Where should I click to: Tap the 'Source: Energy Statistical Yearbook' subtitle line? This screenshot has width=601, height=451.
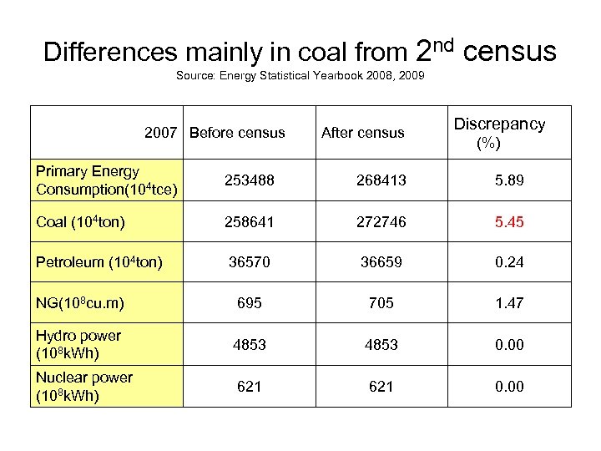[300, 76]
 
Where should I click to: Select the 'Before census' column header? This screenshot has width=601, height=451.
[237, 132]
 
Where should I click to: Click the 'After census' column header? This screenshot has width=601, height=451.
[362, 132]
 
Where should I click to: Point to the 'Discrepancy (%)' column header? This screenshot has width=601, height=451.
[499, 133]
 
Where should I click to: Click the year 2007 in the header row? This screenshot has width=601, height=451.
[161, 132]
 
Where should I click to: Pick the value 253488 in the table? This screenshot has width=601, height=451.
[249, 180]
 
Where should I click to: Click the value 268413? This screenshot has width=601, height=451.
[381, 180]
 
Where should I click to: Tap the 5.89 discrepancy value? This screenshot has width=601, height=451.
[508, 180]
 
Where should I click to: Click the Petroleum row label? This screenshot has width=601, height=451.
[99, 262]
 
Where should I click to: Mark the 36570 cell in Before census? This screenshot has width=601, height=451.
[249, 262]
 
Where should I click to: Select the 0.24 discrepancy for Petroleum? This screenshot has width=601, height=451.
[508, 262]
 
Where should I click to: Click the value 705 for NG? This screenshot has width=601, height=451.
[381, 302]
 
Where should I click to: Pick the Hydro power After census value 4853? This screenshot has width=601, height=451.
[381, 344]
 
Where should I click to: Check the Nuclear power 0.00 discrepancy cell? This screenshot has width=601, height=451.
[508, 386]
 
